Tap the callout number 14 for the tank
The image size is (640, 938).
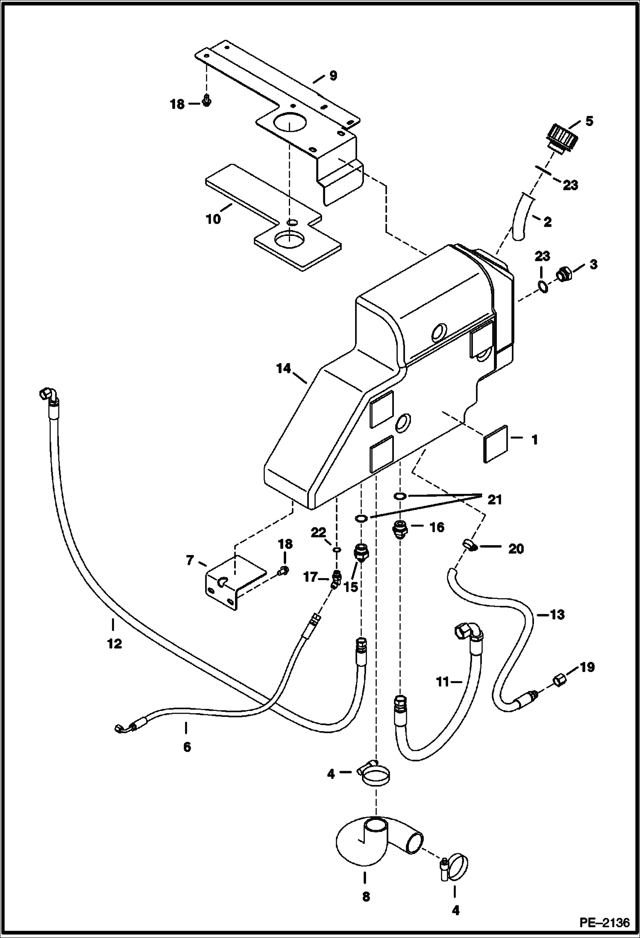[283, 368]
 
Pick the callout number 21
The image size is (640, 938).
[495, 499]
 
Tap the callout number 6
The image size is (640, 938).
[187, 747]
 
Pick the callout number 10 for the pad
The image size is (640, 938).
[213, 219]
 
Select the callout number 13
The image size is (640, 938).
[557, 615]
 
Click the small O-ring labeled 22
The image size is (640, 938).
[337, 549]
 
